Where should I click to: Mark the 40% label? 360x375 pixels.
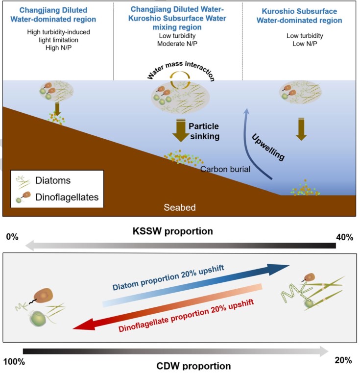pyautogui.click(x=344, y=238)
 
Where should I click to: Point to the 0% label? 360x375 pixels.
pyautogui.click(x=12, y=238)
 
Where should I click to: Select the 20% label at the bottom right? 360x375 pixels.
pyautogui.click(x=343, y=360)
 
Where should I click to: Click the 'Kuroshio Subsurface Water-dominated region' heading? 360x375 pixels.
pyautogui.click(x=302, y=15)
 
